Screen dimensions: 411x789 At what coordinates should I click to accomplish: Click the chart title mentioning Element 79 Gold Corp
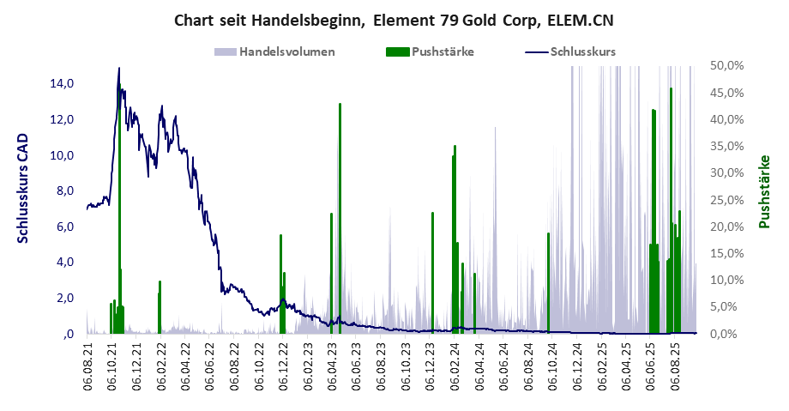coord(394,19)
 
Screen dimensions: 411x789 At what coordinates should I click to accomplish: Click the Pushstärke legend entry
coord(443,51)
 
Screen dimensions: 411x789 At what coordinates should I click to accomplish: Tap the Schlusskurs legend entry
coord(583,51)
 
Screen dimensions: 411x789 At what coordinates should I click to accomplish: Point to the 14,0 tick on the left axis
coord(63,84)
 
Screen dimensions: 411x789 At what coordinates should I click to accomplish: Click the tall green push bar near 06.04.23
coord(340,215)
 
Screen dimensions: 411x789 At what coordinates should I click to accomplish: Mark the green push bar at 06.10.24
coord(548,283)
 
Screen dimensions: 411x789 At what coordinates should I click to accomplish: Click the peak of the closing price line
coord(118,69)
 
